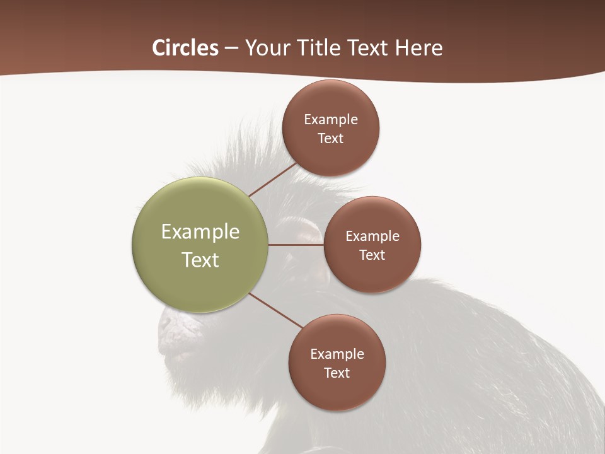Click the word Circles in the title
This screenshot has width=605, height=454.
tap(185, 48)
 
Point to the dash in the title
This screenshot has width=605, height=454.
tap(231, 49)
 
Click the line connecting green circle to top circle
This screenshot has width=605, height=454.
tap(272, 180)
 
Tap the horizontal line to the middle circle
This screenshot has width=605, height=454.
tap(296, 245)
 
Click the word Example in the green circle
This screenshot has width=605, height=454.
tap(200, 232)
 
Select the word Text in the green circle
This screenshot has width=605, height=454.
tap(200, 260)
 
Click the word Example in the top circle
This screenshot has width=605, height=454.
tap(331, 120)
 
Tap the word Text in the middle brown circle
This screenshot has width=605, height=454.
tap(372, 255)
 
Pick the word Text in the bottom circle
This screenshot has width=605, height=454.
tap(337, 373)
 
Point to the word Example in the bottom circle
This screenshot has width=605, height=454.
tap(337, 354)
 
